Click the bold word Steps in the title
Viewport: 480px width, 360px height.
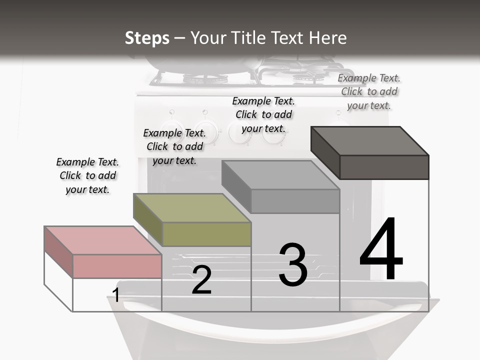147,38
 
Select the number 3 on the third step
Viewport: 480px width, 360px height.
293,265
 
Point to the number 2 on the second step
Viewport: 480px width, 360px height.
201,280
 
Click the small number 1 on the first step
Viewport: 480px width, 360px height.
116,295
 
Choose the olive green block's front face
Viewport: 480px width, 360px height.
206,234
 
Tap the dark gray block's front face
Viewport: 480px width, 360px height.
384,167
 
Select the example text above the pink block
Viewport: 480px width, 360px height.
87,175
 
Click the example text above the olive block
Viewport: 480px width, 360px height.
174,146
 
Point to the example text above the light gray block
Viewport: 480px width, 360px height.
263,114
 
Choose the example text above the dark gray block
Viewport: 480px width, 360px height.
369,91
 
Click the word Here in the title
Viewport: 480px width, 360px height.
327,38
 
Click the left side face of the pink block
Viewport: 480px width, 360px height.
58,252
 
